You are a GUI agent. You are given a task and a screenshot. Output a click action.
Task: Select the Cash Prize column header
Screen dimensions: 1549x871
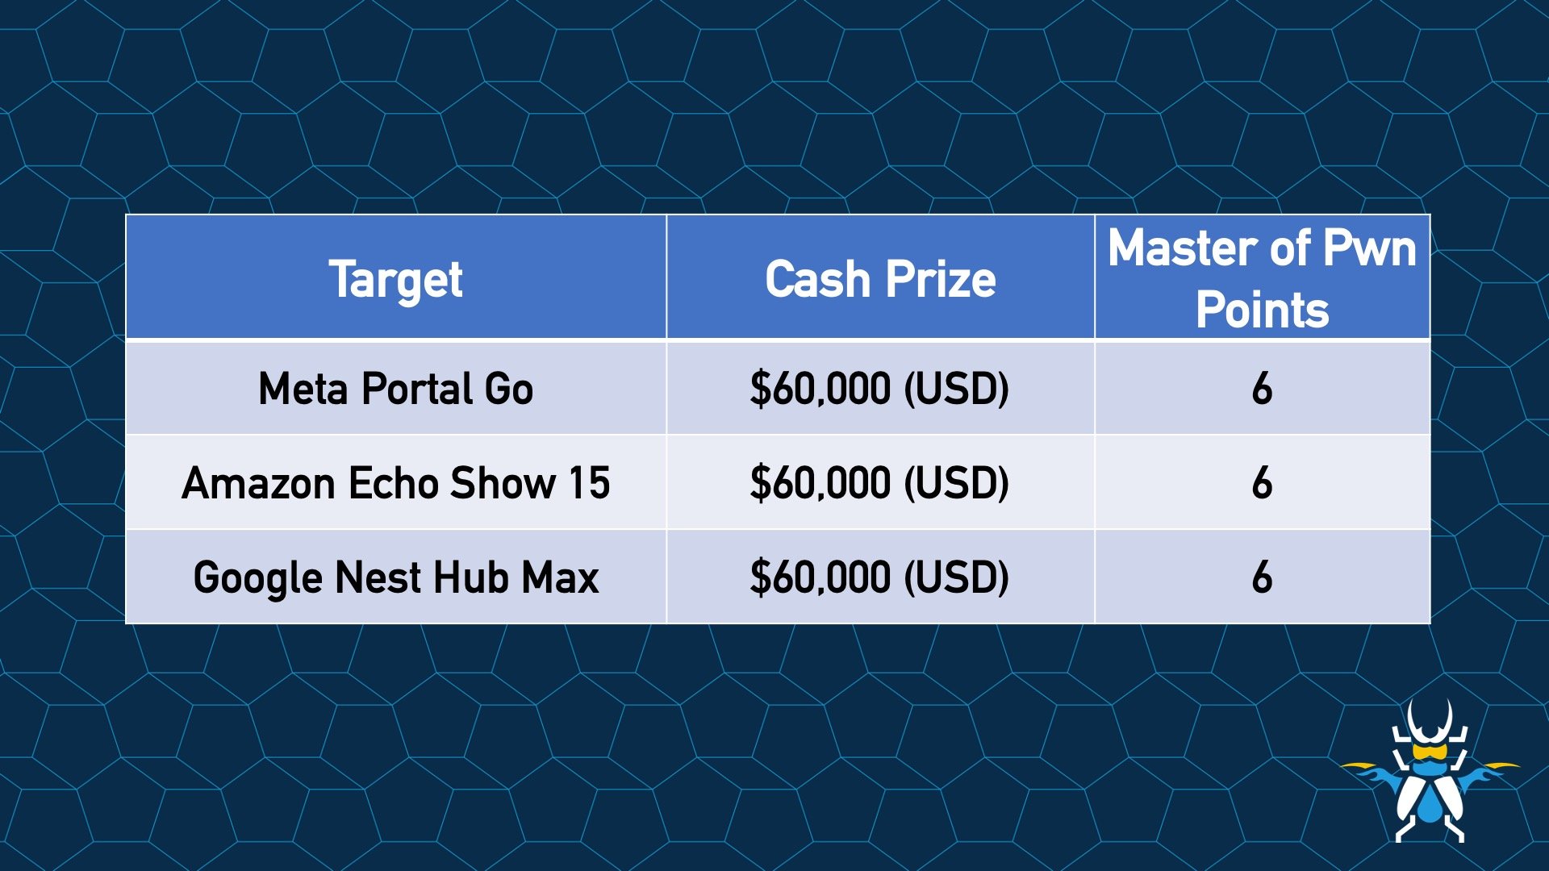(x=880, y=279)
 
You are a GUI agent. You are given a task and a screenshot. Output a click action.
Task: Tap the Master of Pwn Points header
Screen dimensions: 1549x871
(x=1262, y=278)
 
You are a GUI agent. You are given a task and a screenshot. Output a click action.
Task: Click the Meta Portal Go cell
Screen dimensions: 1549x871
(x=395, y=389)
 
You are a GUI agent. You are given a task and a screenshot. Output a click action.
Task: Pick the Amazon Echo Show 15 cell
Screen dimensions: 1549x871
(x=395, y=483)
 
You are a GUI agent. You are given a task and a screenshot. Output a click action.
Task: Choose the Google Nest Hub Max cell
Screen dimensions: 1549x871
(x=395, y=577)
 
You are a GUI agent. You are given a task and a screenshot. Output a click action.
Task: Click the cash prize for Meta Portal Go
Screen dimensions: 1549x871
(x=879, y=389)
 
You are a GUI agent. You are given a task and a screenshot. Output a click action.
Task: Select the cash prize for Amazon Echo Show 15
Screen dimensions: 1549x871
(x=879, y=483)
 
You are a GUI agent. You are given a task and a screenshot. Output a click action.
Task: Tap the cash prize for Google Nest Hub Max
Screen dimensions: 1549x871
(x=879, y=577)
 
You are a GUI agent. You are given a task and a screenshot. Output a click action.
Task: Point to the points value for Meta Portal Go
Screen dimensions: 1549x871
(x=1262, y=389)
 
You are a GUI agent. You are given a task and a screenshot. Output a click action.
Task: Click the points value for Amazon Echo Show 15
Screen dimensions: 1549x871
(x=1262, y=483)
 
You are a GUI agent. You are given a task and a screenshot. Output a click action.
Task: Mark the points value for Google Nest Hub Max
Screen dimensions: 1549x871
(x=1262, y=577)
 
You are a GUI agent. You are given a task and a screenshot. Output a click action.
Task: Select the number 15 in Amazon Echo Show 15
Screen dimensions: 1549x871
(x=589, y=483)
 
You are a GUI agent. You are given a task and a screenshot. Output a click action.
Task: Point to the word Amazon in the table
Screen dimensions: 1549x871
(x=258, y=484)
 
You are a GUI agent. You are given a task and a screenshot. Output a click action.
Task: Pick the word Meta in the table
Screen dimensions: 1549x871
(x=305, y=389)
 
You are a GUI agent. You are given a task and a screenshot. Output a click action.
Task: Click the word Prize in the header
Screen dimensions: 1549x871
(x=941, y=279)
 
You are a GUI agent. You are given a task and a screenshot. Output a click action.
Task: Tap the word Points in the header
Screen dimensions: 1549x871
(x=1262, y=310)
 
